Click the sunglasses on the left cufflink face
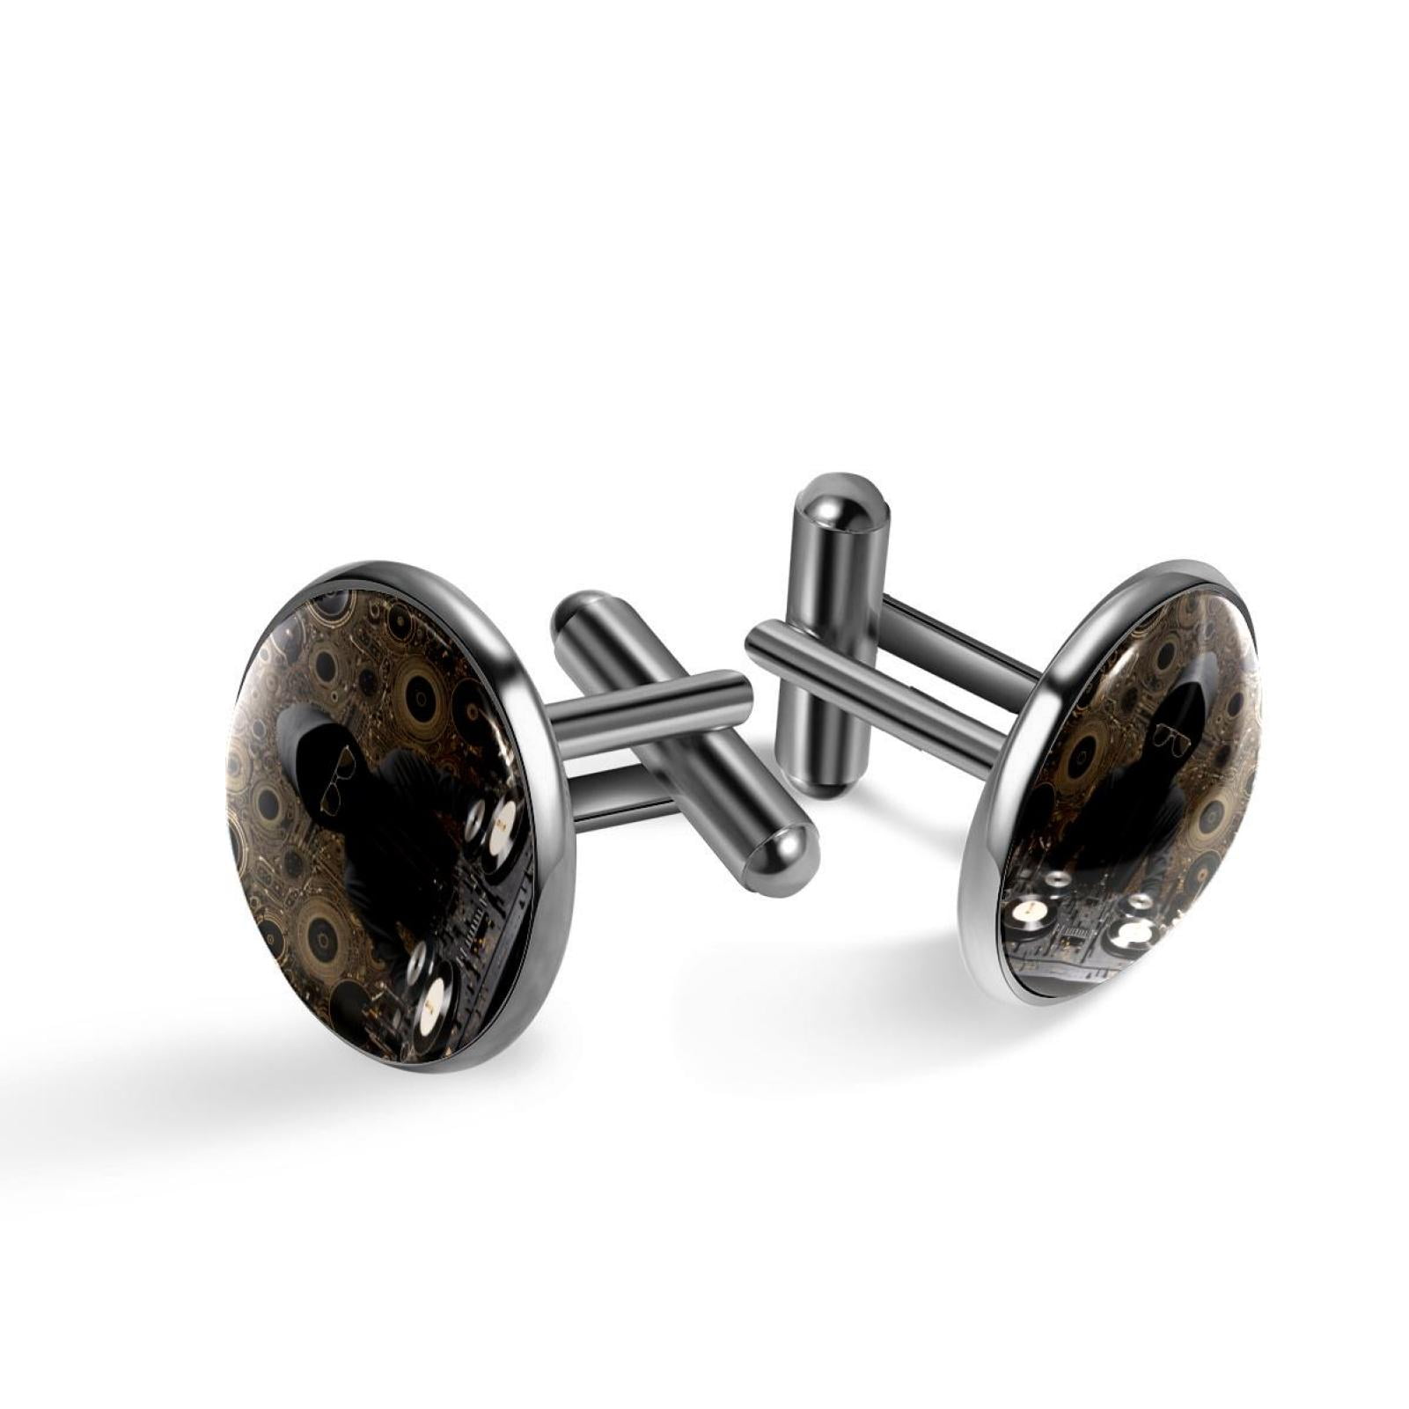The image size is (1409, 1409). point(337,781)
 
